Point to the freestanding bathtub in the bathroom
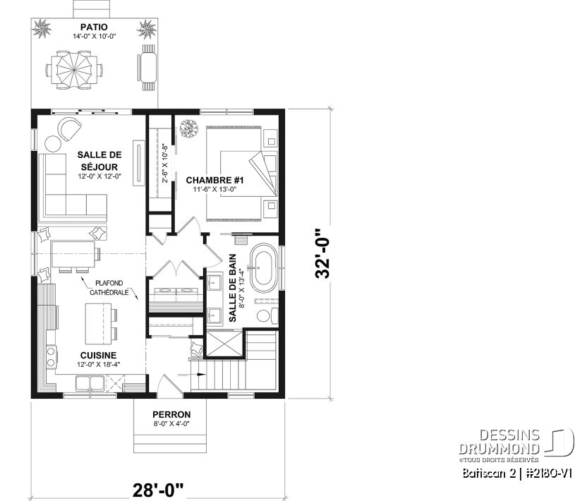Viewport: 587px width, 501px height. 265,269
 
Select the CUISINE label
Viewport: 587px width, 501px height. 99,355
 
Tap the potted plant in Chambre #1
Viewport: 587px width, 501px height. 188,129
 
